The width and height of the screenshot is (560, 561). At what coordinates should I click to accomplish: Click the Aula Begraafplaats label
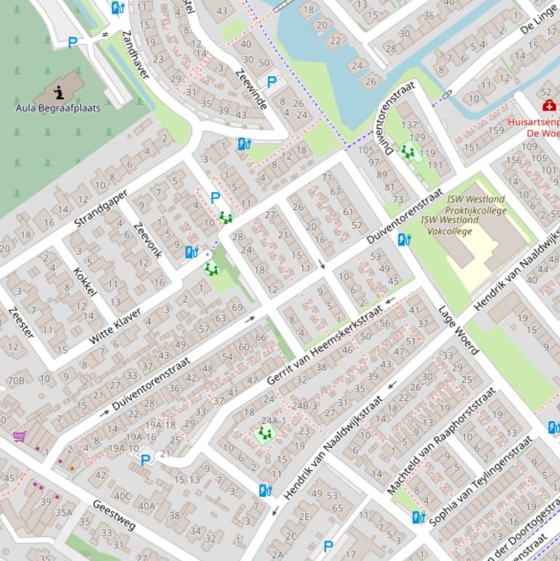click(x=58, y=108)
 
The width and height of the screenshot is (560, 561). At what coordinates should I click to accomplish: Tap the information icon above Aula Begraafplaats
click(x=59, y=91)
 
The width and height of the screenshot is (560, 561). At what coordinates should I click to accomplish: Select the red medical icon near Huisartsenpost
click(x=548, y=106)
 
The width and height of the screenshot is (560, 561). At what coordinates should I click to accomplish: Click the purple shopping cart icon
click(x=19, y=436)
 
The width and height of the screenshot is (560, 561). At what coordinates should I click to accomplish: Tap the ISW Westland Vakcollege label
click(x=449, y=225)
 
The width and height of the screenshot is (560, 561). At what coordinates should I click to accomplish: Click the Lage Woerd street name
click(x=458, y=330)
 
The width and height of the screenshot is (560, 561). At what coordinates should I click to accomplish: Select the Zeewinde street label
click(x=251, y=88)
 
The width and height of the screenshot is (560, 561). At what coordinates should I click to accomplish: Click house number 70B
click(x=15, y=380)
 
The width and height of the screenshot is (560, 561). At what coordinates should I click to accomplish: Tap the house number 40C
click(x=122, y=496)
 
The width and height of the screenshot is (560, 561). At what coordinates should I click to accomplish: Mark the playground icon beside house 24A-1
click(x=264, y=434)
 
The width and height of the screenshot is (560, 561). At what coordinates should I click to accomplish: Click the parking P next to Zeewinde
click(x=272, y=82)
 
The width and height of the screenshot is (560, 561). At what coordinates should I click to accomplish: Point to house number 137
click(x=409, y=125)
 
